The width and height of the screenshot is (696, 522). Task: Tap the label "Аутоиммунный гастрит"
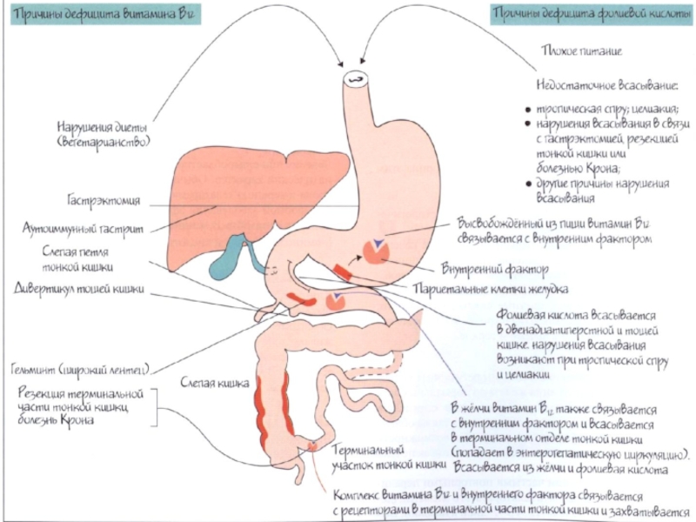pos(84,229)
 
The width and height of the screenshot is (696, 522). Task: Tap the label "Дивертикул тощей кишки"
pos(78,288)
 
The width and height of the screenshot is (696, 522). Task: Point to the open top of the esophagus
pos(356,79)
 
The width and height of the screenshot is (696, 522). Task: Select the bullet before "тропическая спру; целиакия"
pos(529,110)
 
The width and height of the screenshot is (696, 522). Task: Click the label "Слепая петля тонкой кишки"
pos(79,258)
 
